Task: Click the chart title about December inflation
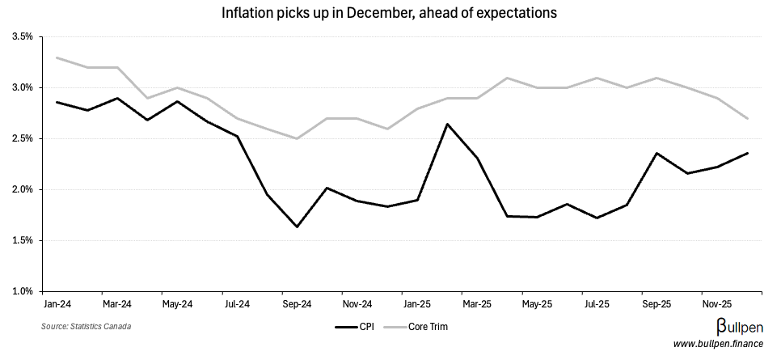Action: (390, 13)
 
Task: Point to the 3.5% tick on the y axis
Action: (22, 37)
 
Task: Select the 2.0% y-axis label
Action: (22, 189)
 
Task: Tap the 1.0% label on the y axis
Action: (22, 291)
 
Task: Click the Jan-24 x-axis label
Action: (57, 305)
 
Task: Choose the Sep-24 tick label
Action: (297, 305)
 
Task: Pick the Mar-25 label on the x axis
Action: (477, 305)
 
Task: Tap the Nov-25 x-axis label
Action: (717, 305)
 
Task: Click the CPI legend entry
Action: (354, 327)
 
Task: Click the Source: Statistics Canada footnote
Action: (86, 326)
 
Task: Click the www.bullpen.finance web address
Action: (718, 344)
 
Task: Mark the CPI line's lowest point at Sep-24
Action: (297, 227)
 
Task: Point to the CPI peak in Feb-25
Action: (447, 124)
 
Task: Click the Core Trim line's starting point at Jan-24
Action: (57, 57)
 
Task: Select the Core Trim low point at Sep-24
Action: (297, 138)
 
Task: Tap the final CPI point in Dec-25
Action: (747, 153)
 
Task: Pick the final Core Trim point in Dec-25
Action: (747, 118)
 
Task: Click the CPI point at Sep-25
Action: (657, 153)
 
